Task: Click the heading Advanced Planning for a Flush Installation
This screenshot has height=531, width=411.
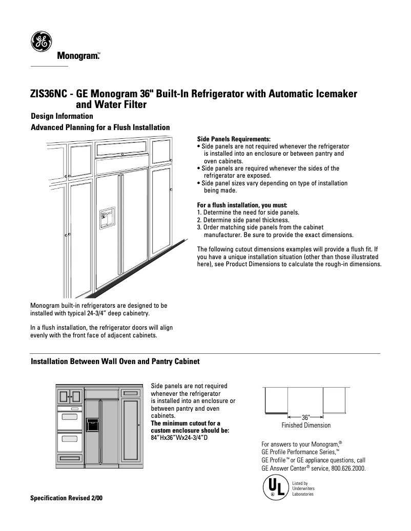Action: [100, 127]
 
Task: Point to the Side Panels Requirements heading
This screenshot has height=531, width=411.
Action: [234, 139]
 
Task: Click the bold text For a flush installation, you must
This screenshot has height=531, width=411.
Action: [239, 205]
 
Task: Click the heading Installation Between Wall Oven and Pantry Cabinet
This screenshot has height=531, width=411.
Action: [115, 362]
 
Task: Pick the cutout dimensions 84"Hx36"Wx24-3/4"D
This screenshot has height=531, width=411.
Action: [179, 438]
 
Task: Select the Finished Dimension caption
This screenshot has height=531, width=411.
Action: [306, 426]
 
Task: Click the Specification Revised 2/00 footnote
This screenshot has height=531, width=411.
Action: [67, 498]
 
